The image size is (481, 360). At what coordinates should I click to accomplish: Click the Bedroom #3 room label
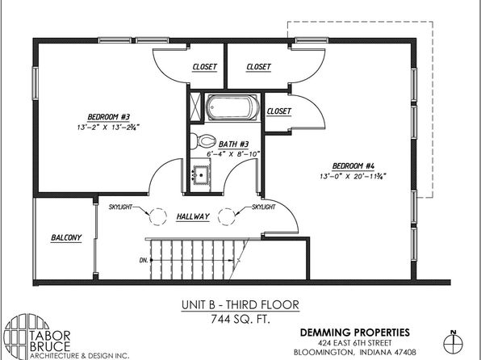109,117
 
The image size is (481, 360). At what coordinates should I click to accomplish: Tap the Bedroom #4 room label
353,166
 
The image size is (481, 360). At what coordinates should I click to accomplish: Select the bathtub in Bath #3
232,107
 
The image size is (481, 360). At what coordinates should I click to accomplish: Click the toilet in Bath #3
203,141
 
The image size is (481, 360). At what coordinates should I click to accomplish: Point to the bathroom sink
201,175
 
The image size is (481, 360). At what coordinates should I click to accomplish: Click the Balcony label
66,237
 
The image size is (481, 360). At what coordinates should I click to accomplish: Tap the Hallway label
193,216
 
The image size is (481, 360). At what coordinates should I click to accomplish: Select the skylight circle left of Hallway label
158,216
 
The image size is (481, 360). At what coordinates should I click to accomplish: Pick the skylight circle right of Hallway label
227,216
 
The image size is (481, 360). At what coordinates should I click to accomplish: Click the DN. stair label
144,260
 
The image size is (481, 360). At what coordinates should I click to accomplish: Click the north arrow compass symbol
453,342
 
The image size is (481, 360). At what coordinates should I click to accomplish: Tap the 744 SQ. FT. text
240,320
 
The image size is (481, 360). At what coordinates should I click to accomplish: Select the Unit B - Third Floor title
240,305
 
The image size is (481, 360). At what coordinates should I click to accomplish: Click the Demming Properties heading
354,333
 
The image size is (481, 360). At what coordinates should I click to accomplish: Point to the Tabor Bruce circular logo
26,337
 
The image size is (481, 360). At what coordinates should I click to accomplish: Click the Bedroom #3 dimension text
109,127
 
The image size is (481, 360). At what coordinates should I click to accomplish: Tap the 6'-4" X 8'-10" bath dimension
233,153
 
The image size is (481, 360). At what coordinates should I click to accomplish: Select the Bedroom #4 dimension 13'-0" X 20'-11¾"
353,176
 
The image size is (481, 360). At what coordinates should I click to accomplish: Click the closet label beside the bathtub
279,111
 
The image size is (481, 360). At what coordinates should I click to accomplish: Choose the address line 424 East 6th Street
354,343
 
